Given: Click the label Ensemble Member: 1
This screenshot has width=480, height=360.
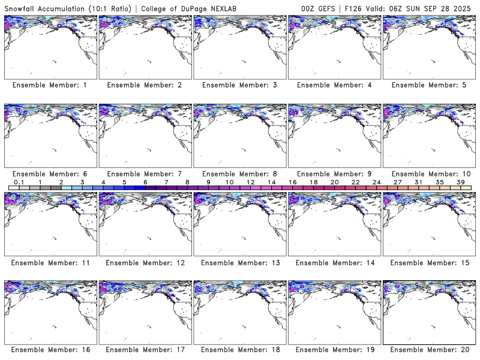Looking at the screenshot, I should pos(50,85).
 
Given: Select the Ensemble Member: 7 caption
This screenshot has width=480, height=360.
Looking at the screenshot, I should pos(145,173).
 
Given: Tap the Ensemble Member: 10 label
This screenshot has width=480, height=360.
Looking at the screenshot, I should pos(430,173).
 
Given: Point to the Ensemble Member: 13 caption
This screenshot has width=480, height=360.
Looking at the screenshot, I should pos(239,262).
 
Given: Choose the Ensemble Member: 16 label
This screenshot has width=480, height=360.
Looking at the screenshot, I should pos(50,350).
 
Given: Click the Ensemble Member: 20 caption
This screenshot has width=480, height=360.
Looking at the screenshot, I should pos(430,350).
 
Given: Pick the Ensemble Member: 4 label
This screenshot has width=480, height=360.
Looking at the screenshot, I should pos(335,85).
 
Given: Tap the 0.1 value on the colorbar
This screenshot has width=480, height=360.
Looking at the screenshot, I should pos(19,182).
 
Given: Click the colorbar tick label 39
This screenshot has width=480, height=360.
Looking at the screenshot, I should pos(460,182).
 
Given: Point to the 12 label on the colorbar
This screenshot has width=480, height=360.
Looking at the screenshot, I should pos(250,182).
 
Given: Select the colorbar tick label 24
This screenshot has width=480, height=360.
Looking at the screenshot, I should pos(376,182).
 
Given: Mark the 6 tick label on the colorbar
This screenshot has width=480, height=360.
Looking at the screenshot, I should pos(145,182).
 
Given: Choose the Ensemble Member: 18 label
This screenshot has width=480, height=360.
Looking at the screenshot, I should pos(239,350).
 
